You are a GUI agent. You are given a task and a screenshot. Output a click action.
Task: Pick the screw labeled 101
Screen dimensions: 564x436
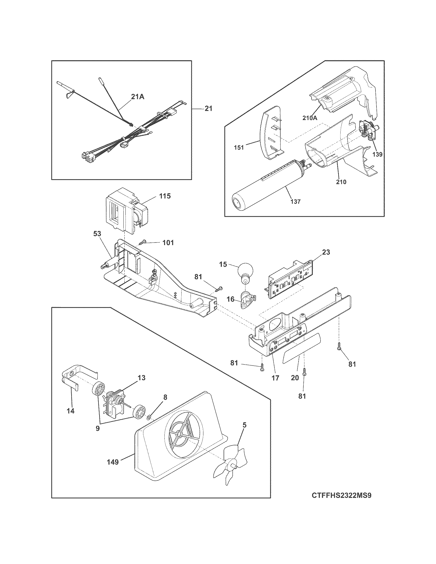click(143, 243)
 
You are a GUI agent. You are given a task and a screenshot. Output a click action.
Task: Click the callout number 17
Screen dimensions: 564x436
click(275, 378)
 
